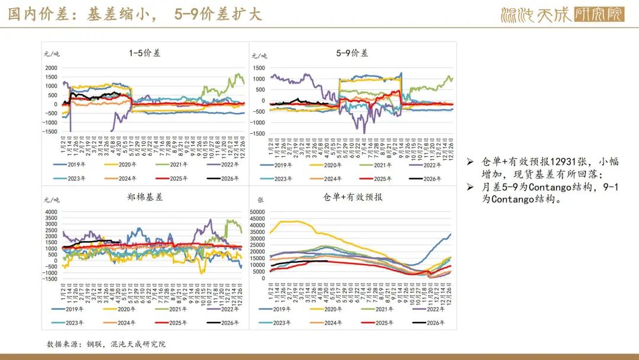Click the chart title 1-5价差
pyautogui.click(x=145, y=53)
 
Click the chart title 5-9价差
pyautogui.click(x=352, y=53)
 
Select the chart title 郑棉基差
pyautogui.click(x=145, y=197)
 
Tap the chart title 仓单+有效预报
pyautogui.click(x=352, y=197)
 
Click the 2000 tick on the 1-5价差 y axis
pyautogui.click(x=51, y=68)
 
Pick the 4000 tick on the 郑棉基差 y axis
pyautogui.click(x=51, y=211)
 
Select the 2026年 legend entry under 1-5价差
pyautogui.click(x=222, y=178)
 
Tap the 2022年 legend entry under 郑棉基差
pyautogui.click(x=222, y=308)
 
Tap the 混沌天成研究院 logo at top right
pyautogui.click(x=561, y=14)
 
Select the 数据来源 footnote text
pyautogui.click(x=106, y=344)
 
